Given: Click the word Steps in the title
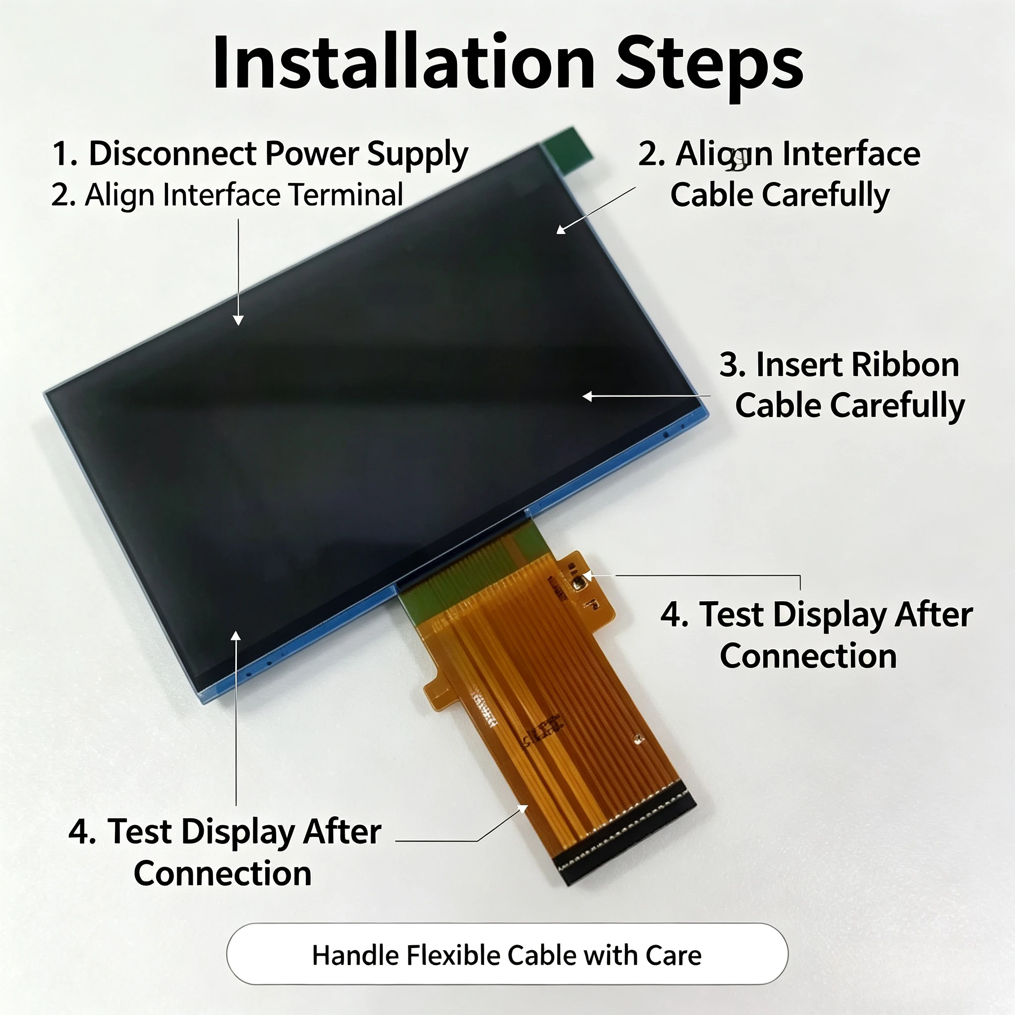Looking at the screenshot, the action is (710, 67).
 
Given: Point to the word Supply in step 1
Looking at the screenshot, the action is (417, 156).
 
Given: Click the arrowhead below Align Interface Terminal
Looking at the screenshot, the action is (238, 320).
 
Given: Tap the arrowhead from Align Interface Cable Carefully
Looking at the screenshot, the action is (561, 229).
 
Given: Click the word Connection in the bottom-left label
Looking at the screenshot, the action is (223, 873).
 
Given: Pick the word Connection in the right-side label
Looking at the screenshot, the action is (808, 656).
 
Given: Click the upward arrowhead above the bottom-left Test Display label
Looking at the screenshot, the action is (236, 636).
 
